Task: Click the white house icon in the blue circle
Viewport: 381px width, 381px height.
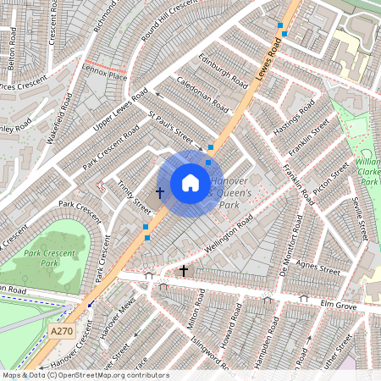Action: pos(190,183)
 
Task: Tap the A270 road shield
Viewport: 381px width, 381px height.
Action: pos(59,331)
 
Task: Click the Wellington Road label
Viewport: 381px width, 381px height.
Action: pos(229,235)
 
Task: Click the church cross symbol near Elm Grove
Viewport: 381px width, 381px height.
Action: pos(184,271)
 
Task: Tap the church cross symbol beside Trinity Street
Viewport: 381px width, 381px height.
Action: pos(159,193)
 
